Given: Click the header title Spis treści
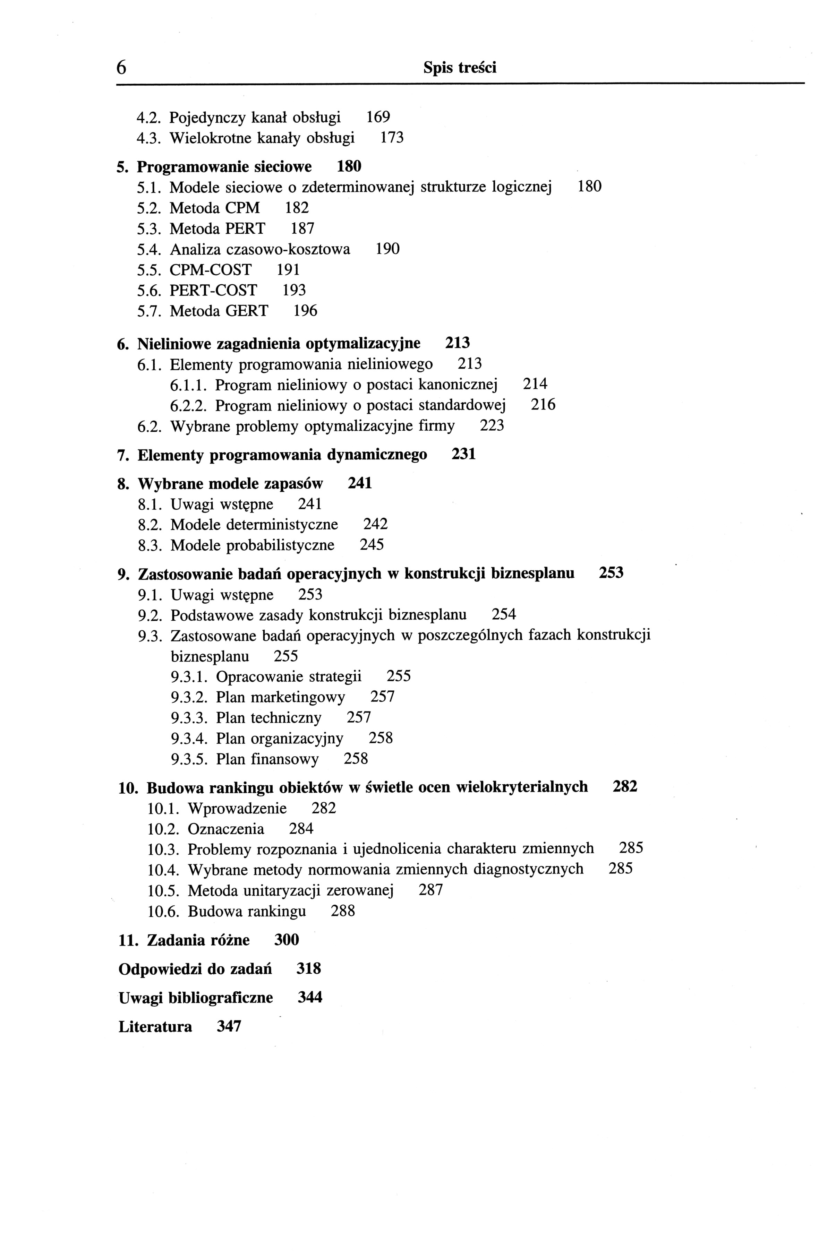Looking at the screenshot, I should (x=459, y=68).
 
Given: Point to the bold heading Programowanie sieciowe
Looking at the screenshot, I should (x=224, y=167).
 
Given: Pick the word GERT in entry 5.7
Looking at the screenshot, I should (x=247, y=311).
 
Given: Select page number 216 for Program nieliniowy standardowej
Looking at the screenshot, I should (x=543, y=405).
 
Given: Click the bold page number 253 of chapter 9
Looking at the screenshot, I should (x=611, y=574).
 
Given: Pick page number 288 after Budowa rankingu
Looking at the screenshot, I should (x=343, y=912).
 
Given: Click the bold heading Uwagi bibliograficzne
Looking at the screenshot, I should (x=196, y=998).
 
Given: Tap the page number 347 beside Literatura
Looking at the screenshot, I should (x=229, y=1027).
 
